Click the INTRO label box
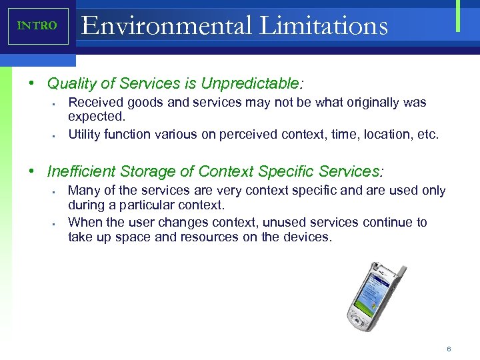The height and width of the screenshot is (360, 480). point(38,26)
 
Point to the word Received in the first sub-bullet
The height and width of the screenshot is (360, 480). point(93,103)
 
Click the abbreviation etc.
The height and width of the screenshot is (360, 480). point(427,134)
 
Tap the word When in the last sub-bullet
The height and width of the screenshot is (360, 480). point(85,222)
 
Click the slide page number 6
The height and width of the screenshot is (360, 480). point(449,349)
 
